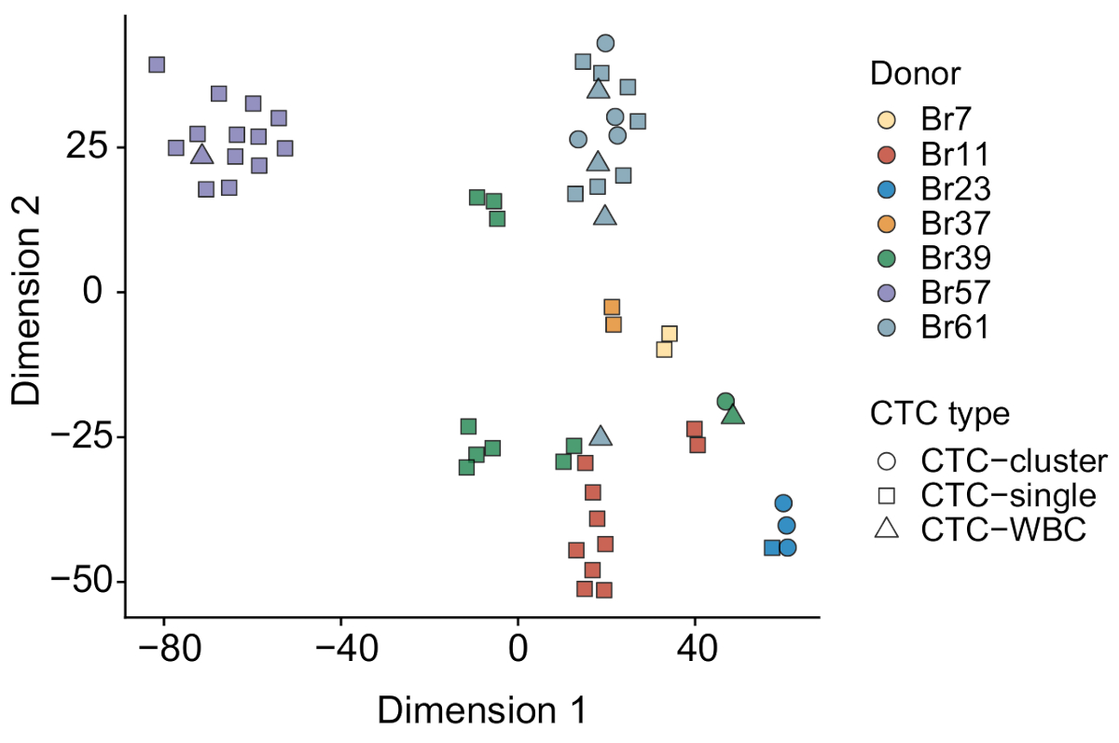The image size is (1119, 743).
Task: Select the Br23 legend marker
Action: (887, 188)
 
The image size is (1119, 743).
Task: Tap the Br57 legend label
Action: (955, 293)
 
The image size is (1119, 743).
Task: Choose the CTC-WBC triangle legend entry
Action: (887, 529)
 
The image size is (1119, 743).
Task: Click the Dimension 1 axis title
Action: (481, 710)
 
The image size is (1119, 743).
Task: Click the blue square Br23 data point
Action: (772, 547)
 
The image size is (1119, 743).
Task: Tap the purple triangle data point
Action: (202, 154)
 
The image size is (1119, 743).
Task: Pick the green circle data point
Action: (725, 402)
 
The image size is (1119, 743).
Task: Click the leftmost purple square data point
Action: (157, 64)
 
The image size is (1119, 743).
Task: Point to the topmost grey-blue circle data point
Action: (605, 43)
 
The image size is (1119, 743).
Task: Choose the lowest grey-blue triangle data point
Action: (601, 435)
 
